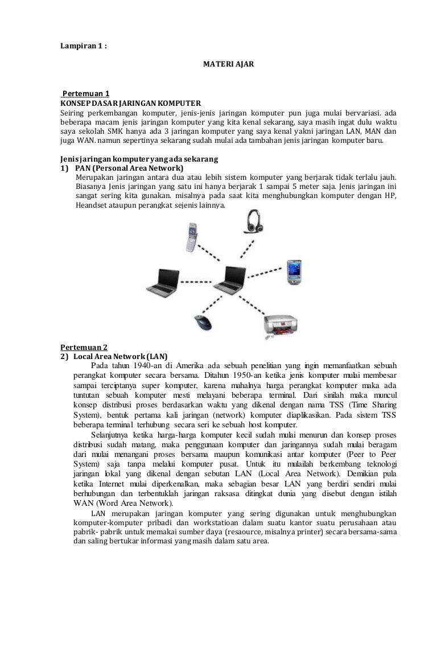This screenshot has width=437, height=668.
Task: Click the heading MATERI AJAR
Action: click(229, 65)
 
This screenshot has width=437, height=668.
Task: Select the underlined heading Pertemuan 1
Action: click(85, 93)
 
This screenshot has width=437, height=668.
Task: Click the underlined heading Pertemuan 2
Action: click(84, 347)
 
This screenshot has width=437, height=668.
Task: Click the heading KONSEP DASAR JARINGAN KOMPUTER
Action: click(131, 103)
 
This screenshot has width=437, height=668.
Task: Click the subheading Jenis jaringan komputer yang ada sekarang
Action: click(140, 159)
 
